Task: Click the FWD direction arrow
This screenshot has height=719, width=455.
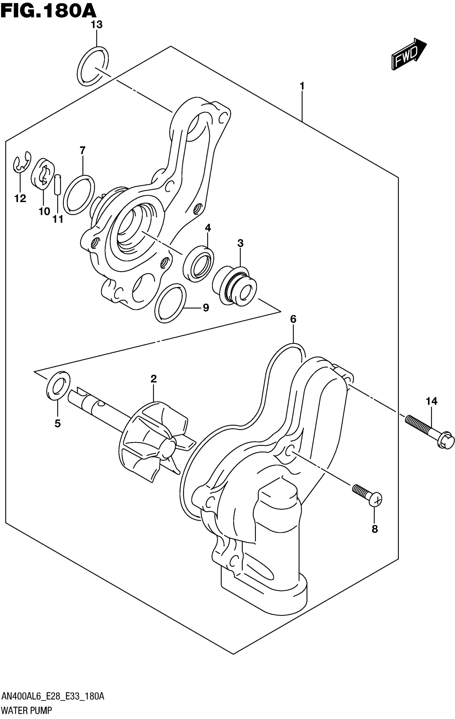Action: [409, 54]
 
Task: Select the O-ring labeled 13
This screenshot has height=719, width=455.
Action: [93, 66]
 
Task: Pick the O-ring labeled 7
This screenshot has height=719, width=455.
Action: [79, 195]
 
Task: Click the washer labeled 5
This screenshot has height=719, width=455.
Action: [58, 385]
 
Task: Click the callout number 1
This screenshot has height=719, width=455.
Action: [302, 86]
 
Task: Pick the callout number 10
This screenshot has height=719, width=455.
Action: [44, 211]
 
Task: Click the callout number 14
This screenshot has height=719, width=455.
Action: [431, 402]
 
